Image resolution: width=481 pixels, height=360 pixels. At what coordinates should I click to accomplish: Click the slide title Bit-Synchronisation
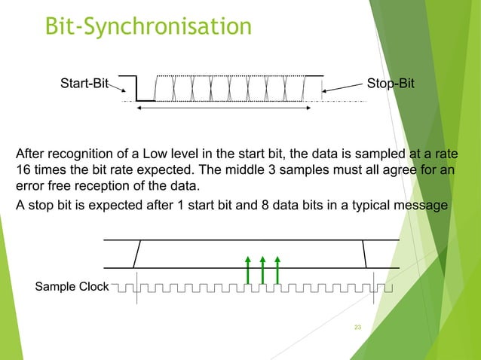point(148,26)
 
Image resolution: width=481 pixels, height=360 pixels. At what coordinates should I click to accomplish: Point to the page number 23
point(358,327)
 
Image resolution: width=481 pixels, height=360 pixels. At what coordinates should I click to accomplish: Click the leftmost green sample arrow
point(247,270)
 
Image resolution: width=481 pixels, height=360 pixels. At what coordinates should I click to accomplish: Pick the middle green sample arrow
point(262,270)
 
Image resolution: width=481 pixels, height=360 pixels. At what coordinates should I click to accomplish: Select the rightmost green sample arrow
point(278,270)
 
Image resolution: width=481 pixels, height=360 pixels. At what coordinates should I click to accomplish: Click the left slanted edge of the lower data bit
point(136,254)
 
